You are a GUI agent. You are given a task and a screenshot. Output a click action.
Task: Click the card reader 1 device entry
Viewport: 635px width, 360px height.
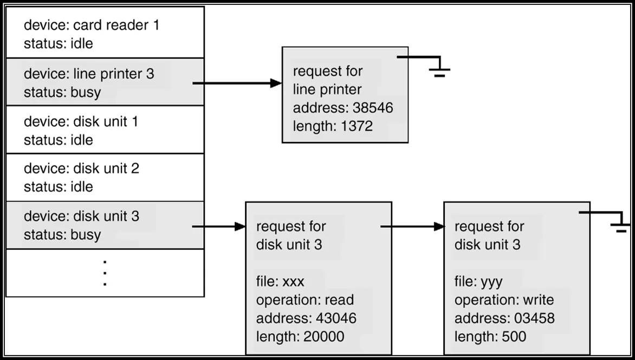pos(105,33)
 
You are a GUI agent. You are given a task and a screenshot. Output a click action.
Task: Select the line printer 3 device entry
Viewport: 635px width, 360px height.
pos(105,82)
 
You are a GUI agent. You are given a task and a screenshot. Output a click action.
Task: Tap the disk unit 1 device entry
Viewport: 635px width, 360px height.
pos(105,130)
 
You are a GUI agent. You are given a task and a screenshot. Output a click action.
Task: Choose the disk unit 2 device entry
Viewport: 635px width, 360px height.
pos(105,177)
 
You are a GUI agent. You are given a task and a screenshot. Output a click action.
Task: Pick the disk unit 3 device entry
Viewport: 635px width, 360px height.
pos(105,225)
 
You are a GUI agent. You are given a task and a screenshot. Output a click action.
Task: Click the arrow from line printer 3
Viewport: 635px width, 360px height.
pos(237,83)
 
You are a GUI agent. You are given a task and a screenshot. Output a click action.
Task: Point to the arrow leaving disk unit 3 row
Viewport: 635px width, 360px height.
pos(219,226)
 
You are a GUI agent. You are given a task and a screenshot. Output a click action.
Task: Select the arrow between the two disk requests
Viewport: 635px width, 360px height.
pos(413,226)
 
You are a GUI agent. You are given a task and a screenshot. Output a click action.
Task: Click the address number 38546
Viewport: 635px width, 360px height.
pos(373,108)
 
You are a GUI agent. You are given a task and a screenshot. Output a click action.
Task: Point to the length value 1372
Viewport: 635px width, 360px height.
pos(357,126)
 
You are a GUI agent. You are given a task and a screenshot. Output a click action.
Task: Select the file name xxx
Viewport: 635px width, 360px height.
pos(293,282)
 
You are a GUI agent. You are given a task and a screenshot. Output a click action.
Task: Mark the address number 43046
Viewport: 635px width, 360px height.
pos(336,318)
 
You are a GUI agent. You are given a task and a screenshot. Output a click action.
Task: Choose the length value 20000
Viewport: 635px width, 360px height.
pos(324,337)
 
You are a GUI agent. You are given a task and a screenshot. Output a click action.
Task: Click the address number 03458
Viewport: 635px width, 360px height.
pos(535,318)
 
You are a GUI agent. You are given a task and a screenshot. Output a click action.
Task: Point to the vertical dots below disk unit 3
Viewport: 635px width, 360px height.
pos(105,273)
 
